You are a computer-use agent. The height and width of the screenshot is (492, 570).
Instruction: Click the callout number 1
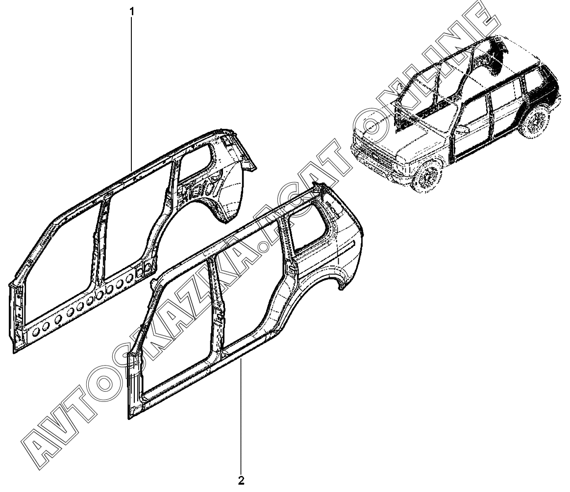pyautogui.click(x=131, y=10)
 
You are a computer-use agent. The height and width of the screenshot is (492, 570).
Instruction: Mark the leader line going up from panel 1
pyautogui.click(x=131, y=88)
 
